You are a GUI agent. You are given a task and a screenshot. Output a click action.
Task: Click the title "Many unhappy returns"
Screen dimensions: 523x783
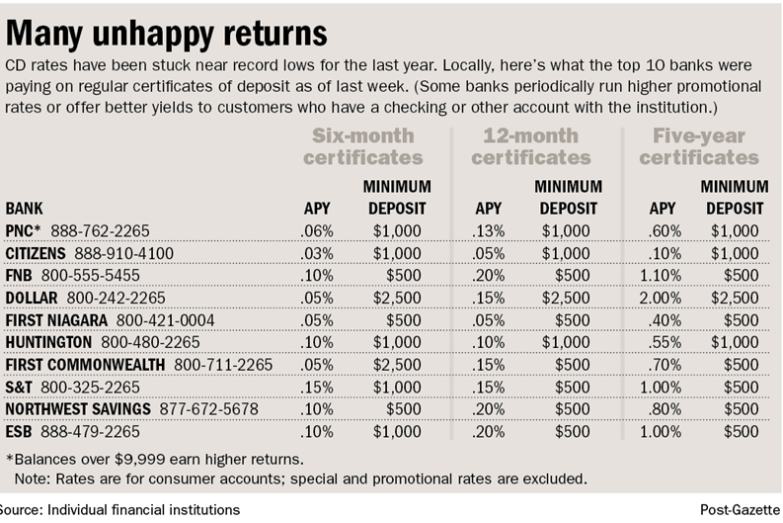click(x=167, y=34)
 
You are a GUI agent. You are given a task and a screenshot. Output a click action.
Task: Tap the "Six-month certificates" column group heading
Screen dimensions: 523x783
click(x=362, y=146)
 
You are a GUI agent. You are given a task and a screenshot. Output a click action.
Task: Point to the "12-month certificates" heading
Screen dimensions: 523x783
click(x=536, y=146)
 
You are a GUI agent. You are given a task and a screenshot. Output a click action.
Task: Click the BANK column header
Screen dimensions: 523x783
click(x=25, y=209)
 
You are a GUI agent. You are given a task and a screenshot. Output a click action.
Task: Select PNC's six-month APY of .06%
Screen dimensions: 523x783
click(x=317, y=231)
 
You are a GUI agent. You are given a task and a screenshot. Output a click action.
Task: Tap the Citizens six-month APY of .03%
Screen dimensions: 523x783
click(x=317, y=253)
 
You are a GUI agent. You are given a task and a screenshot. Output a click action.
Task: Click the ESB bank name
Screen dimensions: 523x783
click(x=19, y=432)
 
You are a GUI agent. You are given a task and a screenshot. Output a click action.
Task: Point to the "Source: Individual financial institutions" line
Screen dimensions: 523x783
click(x=120, y=510)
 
